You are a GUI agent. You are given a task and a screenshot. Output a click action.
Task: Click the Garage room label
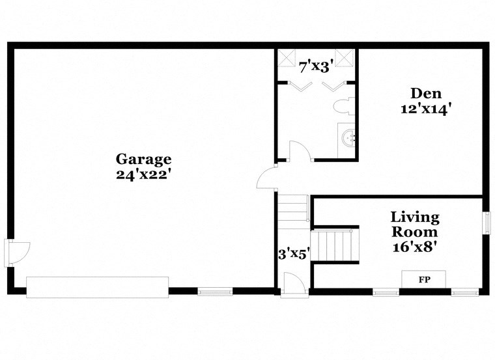pyautogui.click(x=143, y=159)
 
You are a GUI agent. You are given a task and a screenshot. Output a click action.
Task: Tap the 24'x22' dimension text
pyautogui.click(x=143, y=174)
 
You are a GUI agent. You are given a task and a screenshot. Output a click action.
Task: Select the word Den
pyautogui.click(x=426, y=93)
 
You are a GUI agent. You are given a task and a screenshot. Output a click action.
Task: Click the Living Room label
pyautogui.click(x=415, y=224)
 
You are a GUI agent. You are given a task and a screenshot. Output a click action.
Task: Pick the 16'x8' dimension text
pyautogui.click(x=415, y=247)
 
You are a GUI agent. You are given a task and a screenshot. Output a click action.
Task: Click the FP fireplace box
pyautogui.click(x=423, y=279)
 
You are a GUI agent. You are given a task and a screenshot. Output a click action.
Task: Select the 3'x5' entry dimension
pyautogui.click(x=293, y=255)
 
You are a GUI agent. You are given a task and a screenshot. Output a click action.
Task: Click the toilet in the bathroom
pyautogui.click(x=343, y=106)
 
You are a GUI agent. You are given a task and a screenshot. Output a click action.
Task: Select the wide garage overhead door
pyautogui.click(x=97, y=287)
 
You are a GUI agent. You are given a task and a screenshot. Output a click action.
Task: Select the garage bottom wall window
pyautogui.click(x=215, y=292)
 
